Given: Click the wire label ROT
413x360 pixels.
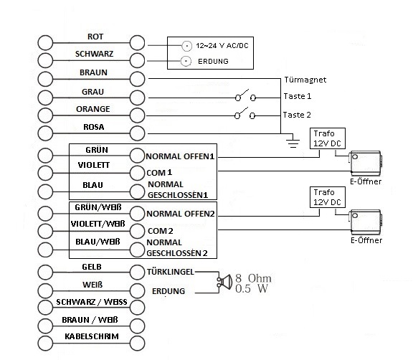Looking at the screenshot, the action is [x=95, y=37].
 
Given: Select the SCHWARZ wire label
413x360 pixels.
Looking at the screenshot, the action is [x=94, y=54].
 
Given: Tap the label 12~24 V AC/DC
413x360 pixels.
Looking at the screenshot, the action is [x=222, y=46].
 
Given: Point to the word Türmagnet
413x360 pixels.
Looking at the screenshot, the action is [x=305, y=80].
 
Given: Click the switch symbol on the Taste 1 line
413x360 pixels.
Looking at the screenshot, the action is [x=245, y=96].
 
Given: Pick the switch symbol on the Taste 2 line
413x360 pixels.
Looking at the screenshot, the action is [x=245, y=113].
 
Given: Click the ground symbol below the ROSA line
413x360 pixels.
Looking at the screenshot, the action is [x=293, y=141].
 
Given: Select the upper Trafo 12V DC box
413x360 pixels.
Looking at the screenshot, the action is [x=328, y=138].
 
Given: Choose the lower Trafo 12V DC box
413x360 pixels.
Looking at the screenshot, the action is [x=328, y=197].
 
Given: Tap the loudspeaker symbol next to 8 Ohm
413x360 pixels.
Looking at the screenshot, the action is [x=224, y=282].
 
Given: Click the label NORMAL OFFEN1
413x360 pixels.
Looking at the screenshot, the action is [x=180, y=156].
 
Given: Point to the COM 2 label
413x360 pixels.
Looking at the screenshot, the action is [x=161, y=231].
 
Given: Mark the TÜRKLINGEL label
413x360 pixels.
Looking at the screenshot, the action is [x=171, y=272].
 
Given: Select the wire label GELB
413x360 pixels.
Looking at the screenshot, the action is [x=92, y=267].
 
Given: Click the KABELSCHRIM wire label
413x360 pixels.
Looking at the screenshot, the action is [x=92, y=336].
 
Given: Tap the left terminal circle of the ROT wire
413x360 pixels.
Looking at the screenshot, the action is [x=45, y=42].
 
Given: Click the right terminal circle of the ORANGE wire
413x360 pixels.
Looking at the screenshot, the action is [x=137, y=115].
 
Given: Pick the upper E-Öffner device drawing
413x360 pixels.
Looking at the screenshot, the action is [x=366, y=163].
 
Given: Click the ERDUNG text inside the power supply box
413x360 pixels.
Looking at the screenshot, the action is [x=213, y=62].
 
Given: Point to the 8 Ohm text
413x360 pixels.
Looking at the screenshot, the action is [x=253, y=278].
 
